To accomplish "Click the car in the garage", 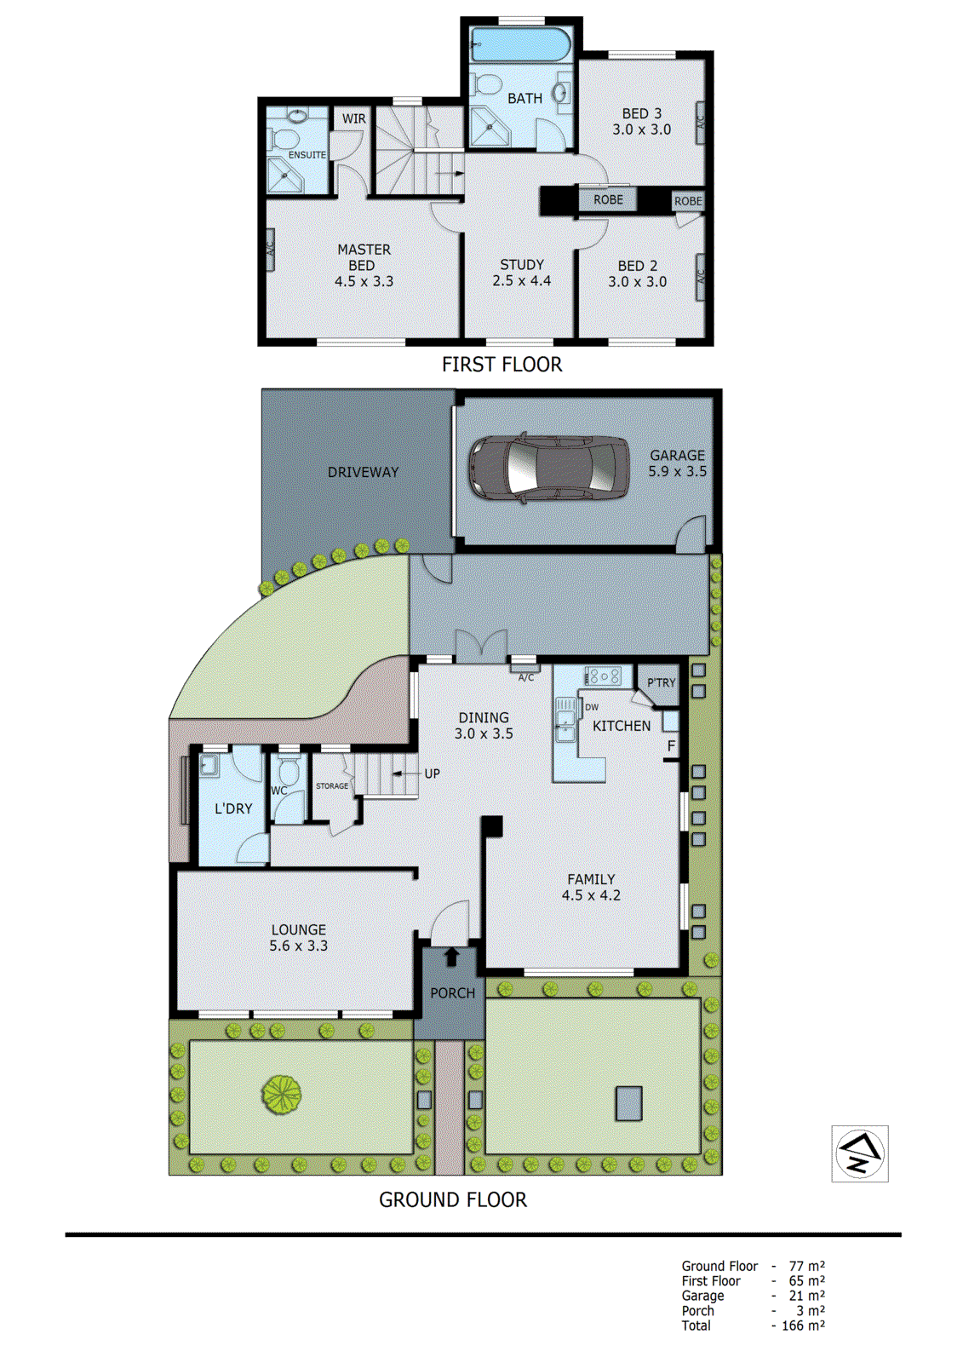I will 548,469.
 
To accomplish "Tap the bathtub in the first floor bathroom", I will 520,44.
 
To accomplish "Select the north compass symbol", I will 859,1153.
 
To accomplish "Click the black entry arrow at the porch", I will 451,957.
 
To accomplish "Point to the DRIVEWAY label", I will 363,472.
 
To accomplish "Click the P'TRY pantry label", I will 661,682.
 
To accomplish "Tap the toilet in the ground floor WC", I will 289,773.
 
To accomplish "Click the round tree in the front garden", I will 282,1095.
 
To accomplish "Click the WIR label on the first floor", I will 353,118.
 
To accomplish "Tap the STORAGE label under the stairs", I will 332,785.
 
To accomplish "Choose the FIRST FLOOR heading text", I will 502,365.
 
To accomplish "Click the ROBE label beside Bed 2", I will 688,201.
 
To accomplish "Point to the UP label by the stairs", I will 432,774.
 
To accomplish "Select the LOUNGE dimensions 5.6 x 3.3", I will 298,946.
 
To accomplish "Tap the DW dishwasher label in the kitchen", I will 592,707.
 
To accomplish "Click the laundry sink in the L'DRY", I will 209,766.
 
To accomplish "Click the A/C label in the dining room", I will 526,677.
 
